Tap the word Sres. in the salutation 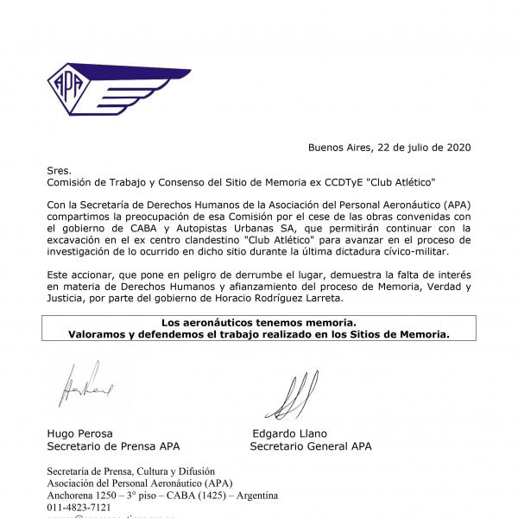(59, 171)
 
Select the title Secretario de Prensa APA (112, 446)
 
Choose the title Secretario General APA (311, 446)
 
